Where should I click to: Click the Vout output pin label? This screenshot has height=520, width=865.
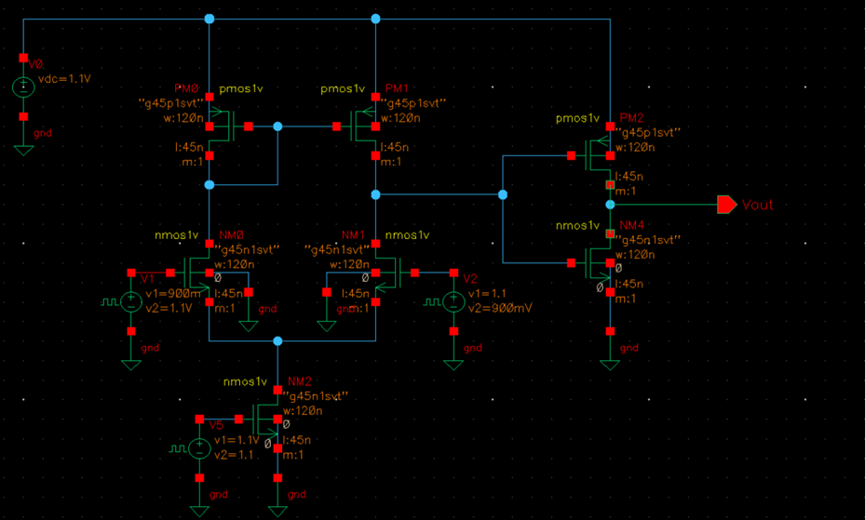pyautogui.click(x=757, y=205)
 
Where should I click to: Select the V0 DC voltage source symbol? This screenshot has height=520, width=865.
pyautogui.click(x=23, y=87)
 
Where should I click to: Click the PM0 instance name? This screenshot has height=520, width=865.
pyautogui.click(x=187, y=88)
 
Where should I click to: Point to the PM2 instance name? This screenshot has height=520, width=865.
pyautogui.click(x=631, y=118)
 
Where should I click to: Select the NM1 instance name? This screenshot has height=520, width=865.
pyautogui.click(x=353, y=234)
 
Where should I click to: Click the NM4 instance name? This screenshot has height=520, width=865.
pyautogui.click(x=631, y=225)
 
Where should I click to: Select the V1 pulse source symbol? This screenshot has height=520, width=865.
pyautogui.click(x=131, y=302)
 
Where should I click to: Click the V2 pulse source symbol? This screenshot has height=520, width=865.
pyautogui.click(x=453, y=302)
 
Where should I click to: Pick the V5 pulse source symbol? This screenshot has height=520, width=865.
pyautogui.click(x=198, y=448)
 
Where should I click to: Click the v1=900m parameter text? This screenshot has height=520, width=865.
pyautogui.click(x=167, y=292)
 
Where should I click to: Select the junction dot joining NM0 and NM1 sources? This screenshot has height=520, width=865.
pyautogui.click(x=277, y=341)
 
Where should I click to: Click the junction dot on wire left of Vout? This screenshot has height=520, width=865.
pyautogui.click(x=610, y=204)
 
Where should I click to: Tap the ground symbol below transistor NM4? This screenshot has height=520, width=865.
pyautogui.click(x=610, y=361)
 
